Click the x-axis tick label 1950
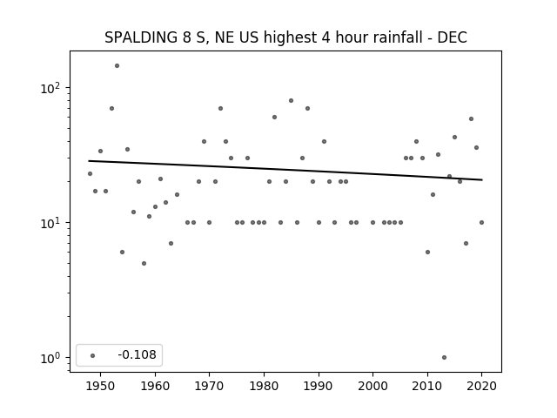[x=101, y=386]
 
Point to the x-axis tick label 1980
[x=264, y=386]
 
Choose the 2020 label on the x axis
[x=481, y=386]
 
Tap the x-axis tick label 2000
[x=373, y=386]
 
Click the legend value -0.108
[x=138, y=354]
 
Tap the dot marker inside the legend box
[x=93, y=355]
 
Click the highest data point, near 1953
[x=117, y=66]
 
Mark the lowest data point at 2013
[x=444, y=358]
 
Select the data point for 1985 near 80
[x=292, y=101]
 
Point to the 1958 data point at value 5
[x=144, y=263]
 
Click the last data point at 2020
[x=481, y=223]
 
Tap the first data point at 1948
[x=90, y=174]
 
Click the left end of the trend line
[x=89, y=161]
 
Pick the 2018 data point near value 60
[x=472, y=119]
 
